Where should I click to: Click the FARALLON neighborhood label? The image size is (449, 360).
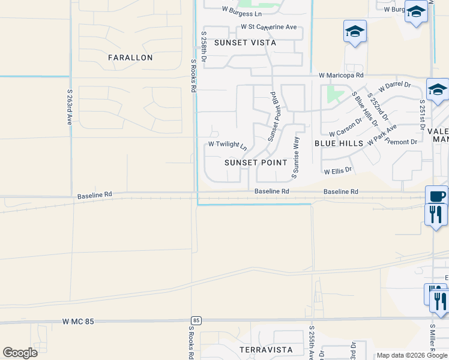click(130, 58)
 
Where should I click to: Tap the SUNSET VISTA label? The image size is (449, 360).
click(245, 43)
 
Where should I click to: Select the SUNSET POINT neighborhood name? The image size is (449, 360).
click(256, 163)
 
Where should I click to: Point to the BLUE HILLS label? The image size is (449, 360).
click(339, 143)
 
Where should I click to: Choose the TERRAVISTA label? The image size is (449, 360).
click(265, 349)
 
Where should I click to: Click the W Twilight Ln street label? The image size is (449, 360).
click(228, 145)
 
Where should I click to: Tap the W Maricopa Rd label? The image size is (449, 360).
click(342, 76)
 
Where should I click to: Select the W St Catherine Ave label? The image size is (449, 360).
click(269, 27)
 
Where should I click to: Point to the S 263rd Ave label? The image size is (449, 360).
click(70, 107)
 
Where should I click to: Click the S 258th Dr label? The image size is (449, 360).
click(204, 48)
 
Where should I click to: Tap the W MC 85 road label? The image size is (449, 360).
click(78, 322)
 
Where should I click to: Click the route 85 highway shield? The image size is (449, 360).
click(196, 320)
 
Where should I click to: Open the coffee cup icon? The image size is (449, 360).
click(436, 195)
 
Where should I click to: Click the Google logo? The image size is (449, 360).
click(20, 353)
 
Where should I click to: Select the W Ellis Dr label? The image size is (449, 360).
click(338, 171)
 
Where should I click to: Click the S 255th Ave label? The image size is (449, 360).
click(312, 343)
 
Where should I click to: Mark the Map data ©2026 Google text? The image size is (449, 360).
click(411, 355)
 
